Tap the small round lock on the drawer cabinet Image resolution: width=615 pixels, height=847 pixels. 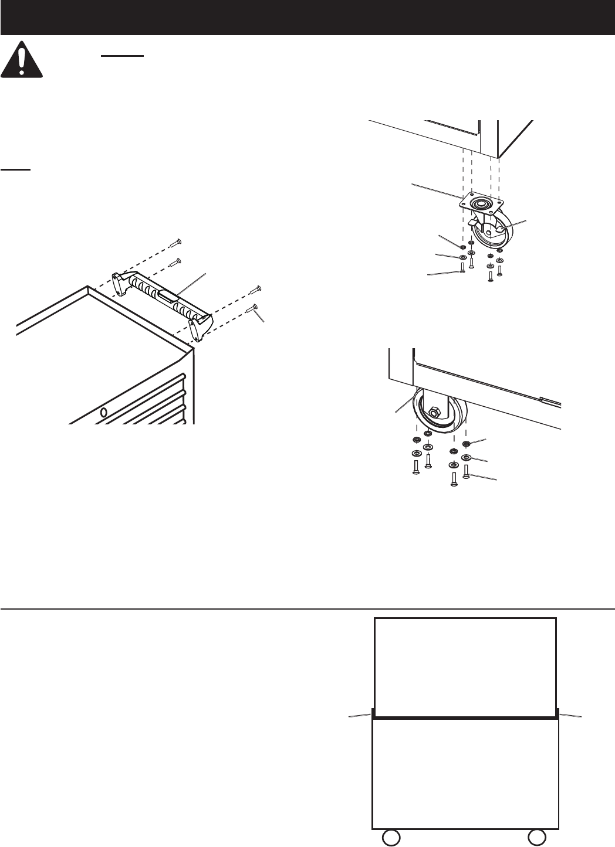(x=104, y=412)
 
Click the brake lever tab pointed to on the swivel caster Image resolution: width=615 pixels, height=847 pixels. (x=492, y=230)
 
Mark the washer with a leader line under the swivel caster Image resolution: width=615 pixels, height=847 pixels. (x=462, y=257)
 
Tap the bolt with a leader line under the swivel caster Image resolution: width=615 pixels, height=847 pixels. (x=462, y=269)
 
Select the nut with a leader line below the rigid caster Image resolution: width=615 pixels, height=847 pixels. (x=467, y=444)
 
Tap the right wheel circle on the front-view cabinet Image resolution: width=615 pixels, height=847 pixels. (x=536, y=836)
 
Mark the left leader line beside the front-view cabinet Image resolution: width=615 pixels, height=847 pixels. (x=359, y=715)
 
